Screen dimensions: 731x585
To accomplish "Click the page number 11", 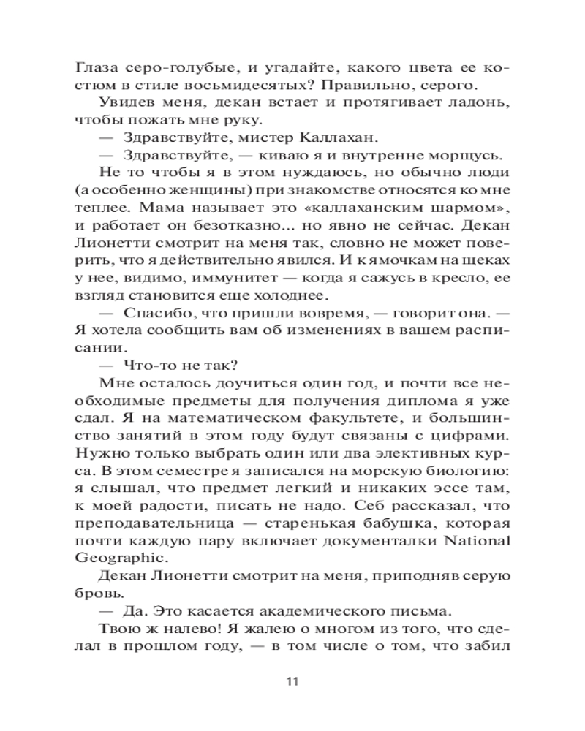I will point(292,681).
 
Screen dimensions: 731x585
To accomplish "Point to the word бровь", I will point(94,594).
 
